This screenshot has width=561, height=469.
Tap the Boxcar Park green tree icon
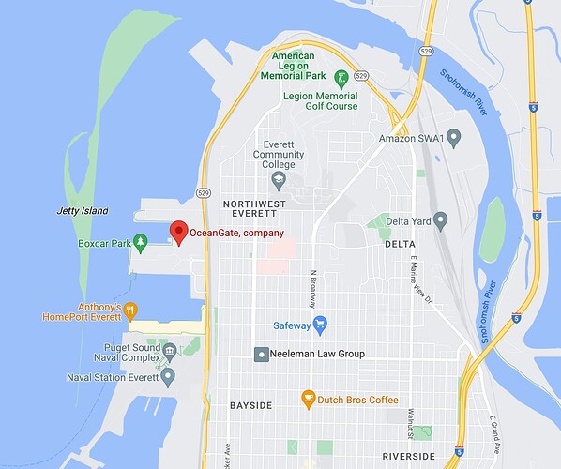[x=141, y=243]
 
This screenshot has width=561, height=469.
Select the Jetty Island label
[x=82, y=211]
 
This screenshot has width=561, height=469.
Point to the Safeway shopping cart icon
[x=319, y=325]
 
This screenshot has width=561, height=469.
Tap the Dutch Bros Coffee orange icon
[x=307, y=400]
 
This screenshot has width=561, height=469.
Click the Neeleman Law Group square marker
[x=262, y=354]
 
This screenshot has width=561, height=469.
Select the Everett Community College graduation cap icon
[x=278, y=178]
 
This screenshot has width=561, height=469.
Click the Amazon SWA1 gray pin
[x=454, y=138]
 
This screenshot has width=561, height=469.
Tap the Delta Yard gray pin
[x=440, y=220]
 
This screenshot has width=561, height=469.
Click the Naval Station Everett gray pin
[x=168, y=377]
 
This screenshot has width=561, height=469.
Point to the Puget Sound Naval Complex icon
[x=169, y=352]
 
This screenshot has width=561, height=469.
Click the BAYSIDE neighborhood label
[x=250, y=405]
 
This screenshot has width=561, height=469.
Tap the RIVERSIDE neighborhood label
[x=409, y=456]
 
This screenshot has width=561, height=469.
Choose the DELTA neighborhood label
[x=399, y=244]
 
